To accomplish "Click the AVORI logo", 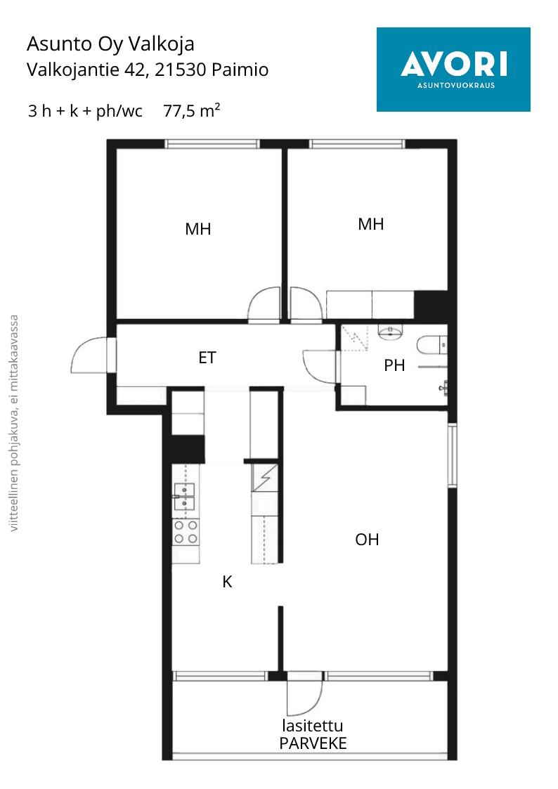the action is pyautogui.click(x=453, y=70).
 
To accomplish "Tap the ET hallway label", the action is pyautogui.click(x=207, y=358).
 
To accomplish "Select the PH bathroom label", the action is pyautogui.click(x=394, y=365).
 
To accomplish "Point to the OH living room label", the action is pyautogui.click(x=367, y=540).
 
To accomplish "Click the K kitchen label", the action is pyautogui.click(x=228, y=582).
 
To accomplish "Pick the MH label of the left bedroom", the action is pyautogui.click(x=197, y=229).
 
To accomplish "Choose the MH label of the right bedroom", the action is pyautogui.click(x=371, y=224).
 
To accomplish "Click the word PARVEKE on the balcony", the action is pyautogui.click(x=313, y=743).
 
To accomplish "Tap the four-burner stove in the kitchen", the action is pyautogui.click(x=186, y=533).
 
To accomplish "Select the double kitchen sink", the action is pyautogui.click(x=184, y=496).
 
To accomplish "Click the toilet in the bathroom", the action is pyautogui.click(x=432, y=345).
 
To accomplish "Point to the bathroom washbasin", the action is pyautogui.click(x=390, y=332).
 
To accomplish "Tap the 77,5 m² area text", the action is pyautogui.click(x=192, y=110).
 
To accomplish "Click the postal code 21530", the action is pyautogui.click(x=180, y=70).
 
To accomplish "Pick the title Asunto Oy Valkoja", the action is pyautogui.click(x=110, y=44).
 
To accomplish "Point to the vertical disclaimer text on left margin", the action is pyautogui.click(x=13, y=423).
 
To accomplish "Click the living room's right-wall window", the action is pyautogui.click(x=453, y=455).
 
